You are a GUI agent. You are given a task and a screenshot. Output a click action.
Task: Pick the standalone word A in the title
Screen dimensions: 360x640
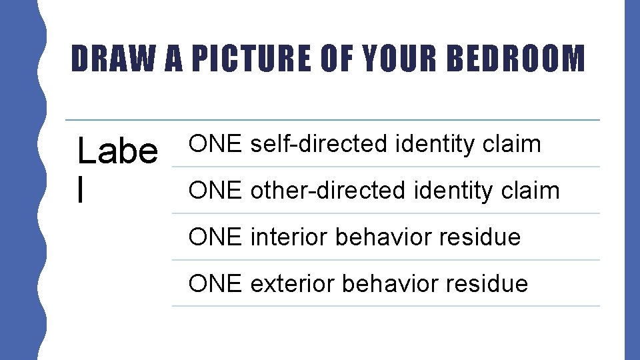coord(175,59)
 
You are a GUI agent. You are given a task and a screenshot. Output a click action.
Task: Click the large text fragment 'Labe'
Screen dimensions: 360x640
coord(118,151)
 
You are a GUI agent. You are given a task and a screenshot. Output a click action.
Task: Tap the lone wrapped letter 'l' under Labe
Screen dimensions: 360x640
coord(81,189)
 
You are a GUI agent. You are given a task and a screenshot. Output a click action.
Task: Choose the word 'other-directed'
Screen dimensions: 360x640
coord(327,190)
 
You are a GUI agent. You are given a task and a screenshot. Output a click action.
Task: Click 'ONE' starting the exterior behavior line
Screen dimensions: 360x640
coord(214,283)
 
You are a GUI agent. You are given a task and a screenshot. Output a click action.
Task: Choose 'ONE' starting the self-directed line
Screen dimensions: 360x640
coord(214,143)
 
